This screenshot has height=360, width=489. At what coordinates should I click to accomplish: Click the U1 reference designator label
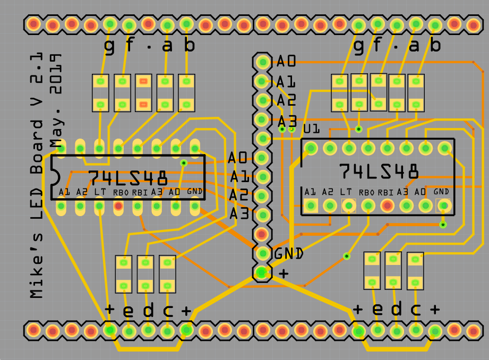point(311,129)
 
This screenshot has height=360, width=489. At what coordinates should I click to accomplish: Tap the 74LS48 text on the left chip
point(128,177)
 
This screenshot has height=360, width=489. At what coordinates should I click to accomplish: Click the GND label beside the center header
point(289,254)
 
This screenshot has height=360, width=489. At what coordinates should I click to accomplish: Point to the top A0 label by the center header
point(286,62)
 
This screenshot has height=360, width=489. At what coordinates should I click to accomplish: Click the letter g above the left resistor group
point(109,47)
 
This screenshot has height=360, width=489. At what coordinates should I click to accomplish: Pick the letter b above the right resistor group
point(435,46)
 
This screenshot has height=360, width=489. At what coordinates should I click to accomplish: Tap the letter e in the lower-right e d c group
point(378,309)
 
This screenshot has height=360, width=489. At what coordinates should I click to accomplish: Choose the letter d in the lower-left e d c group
point(149,311)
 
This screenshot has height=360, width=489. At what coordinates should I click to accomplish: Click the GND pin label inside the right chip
point(441,192)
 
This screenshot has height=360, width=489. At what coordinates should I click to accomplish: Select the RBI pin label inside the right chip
point(385,192)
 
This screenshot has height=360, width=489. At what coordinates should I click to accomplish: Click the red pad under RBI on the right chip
point(387,205)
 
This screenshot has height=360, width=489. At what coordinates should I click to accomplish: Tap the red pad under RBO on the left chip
point(118,206)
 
